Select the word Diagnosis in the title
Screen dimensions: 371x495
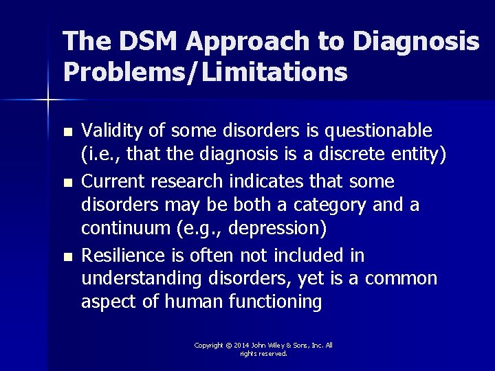pos(415,43)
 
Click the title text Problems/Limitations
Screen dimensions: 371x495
pos(205,71)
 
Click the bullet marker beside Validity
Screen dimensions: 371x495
pos(66,131)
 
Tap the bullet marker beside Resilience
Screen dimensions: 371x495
pos(66,256)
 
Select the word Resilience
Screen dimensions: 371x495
pos(123,256)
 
